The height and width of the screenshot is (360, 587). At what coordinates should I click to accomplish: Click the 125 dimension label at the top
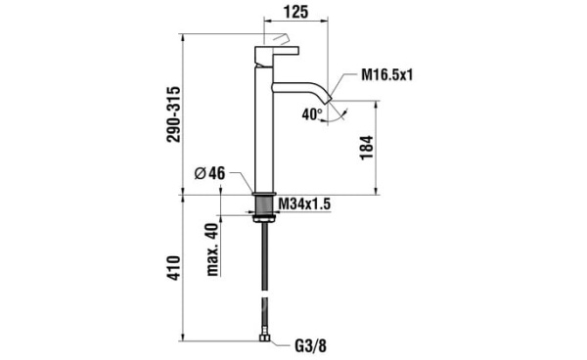click(x=295, y=12)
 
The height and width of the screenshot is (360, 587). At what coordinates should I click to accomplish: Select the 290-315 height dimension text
click(x=174, y=114)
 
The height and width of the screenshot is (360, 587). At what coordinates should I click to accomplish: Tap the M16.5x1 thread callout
click(x=386, y=75)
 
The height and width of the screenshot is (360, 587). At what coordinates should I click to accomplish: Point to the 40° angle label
click(x=312, y=114)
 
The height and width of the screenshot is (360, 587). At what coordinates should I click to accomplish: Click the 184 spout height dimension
click(x=367, y=148)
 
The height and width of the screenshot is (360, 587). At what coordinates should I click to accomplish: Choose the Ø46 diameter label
click(x=210, y=173)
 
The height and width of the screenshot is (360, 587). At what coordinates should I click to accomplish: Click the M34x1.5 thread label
click(x=304, y=204)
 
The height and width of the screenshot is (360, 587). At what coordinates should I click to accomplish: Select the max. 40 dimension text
click(x=212, y=249)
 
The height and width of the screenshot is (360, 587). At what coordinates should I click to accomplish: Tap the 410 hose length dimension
click(x=174, y=268)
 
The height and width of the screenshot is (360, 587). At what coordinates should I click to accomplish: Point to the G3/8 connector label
click(x=311, y=346)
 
